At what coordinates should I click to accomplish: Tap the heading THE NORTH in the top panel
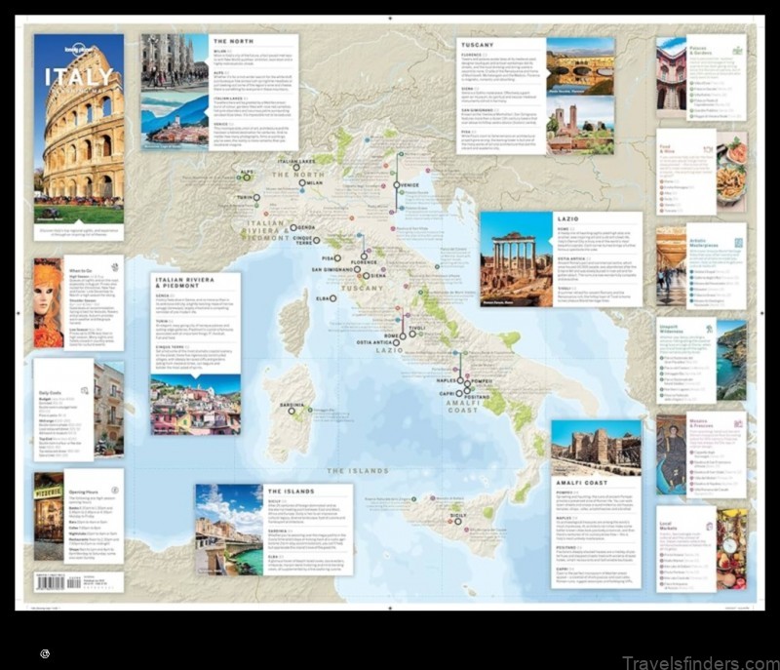pos(234,41)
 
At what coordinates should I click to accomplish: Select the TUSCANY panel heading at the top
pos(478,45)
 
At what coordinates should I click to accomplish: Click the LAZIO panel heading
pos(567,219)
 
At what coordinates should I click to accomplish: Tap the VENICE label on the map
pos(409,185)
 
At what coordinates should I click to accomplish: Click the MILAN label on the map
pos(313,182)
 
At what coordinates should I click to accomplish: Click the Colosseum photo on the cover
pos(79,146)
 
